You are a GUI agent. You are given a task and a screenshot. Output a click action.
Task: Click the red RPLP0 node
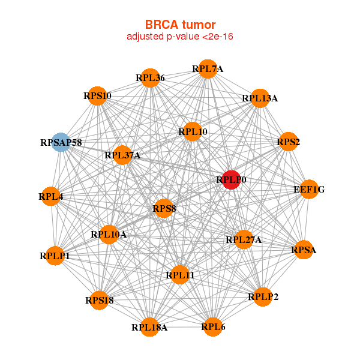tap(231, 179)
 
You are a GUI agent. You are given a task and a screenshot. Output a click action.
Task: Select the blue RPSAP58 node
tap(60, 142)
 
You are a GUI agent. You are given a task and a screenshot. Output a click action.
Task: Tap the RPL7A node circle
tap(208, 69)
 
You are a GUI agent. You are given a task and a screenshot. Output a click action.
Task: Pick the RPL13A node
tap(259, 98)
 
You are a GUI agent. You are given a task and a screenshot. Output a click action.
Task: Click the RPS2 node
tap(289, 142)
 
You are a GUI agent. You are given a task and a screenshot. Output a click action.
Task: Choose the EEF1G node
tap(309, 190)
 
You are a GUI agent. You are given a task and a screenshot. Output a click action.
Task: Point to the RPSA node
tap(304, 250)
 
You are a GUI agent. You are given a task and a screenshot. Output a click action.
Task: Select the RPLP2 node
tap(263, 296)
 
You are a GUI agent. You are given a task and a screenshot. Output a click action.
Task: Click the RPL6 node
tap(213, 326)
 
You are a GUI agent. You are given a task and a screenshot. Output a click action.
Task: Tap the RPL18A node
tap(150, 326)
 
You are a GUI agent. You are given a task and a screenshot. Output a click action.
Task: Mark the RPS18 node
tap(99, 300)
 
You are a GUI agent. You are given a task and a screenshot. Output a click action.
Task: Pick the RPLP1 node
tap(55, 256)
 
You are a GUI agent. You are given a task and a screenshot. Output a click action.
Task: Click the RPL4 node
tap(51, 196)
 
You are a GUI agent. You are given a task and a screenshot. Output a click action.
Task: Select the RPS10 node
tap(97, 96)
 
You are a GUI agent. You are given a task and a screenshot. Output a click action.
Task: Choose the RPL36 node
tap(150, 77)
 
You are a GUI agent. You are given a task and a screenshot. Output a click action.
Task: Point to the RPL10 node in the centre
tap(193, 131)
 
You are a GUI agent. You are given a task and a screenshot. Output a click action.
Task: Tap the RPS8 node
tap(164, 209)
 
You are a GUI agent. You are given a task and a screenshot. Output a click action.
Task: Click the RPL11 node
tap(180, 275)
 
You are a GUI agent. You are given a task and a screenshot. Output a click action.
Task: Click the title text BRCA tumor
tap(180, 25)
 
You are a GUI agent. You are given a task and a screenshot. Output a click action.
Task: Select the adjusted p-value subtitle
tap(180, 37)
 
